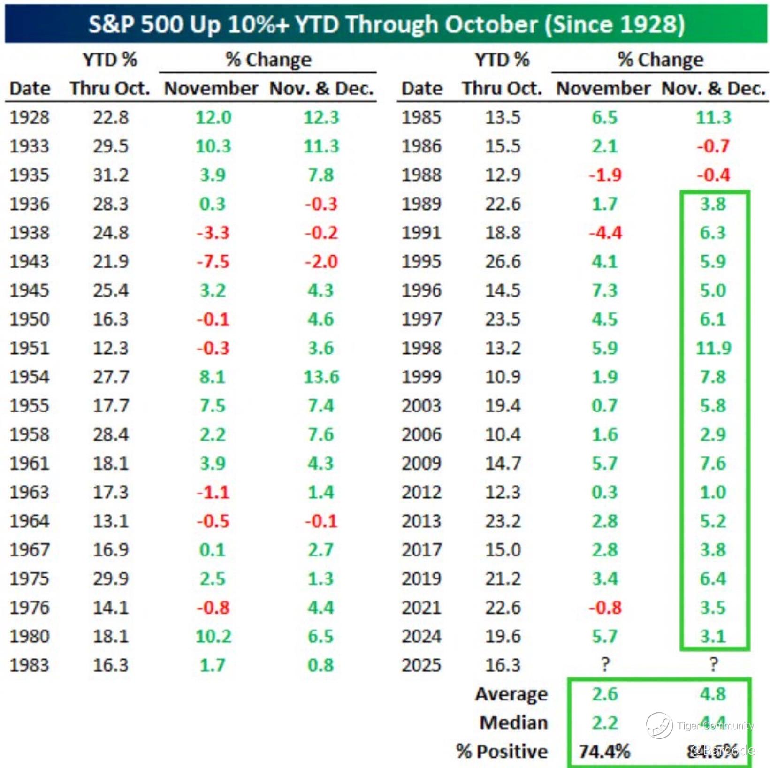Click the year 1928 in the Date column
tap(29, 117)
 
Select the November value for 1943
tap(213, 261)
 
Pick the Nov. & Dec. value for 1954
tap(321, 377)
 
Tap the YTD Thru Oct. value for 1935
tap(110, 175)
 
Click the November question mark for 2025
tap(605, 664)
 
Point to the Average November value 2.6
tap(605, 693)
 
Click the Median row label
tap(514, 722)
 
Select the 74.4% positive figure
tap(604, 751)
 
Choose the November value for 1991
tap(605, 233)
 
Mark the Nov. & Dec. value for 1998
tap(713, 348)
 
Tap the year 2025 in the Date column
tap(421, 665)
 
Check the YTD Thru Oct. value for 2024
tap(503, 636)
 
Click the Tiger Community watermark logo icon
tap(659, 725)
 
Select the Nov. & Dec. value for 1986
tap(713, 146)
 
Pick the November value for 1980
tap(213, 636)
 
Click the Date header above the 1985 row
tap(422, 88)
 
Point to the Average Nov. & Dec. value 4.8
tap(713, 693)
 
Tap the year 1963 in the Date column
tap(29, 492)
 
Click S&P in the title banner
tap(112, 24)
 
